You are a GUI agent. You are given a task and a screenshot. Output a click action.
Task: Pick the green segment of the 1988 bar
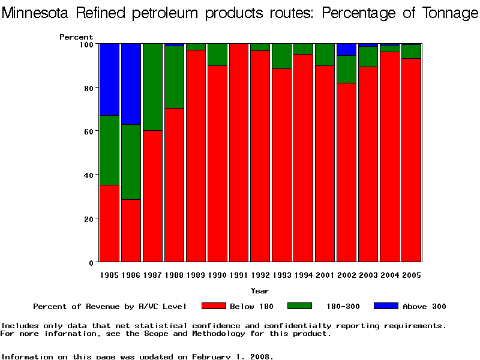pos(175,77)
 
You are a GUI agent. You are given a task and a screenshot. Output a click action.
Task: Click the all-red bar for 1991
pos(239,153)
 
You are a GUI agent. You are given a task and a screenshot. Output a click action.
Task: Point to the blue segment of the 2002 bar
pos(347,49)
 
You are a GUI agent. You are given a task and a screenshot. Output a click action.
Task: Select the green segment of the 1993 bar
pos(282,56)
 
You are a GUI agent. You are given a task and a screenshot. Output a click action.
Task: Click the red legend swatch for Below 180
pos(213,306)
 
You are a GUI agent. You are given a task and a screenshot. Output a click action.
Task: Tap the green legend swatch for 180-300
pos(299,306)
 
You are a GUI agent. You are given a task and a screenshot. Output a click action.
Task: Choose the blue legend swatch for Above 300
pos(386,306)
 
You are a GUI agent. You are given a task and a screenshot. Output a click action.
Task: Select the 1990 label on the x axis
pos(218,275)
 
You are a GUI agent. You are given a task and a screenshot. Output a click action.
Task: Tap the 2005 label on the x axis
pos(412,275)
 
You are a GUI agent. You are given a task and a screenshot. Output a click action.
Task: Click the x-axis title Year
pos(260,291)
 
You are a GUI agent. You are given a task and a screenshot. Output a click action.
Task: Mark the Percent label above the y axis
pos(76,37)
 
